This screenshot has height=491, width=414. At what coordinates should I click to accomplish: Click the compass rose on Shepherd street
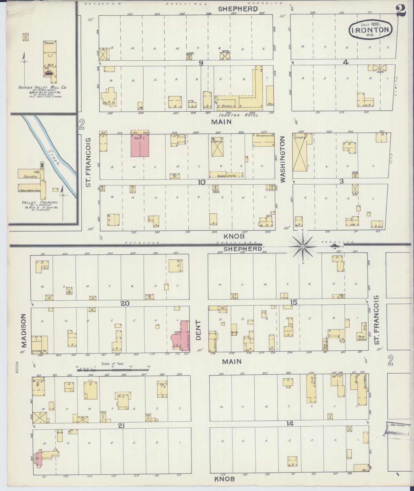(303, 247)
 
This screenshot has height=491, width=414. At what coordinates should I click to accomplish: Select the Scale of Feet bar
(113, 370)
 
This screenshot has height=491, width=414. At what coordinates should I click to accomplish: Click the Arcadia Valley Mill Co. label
(42, 88)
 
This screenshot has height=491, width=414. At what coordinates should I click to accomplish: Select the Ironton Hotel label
(239, 115)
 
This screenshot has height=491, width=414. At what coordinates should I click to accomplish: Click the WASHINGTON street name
(283, 159)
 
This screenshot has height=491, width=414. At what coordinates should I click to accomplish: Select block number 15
(294, 303)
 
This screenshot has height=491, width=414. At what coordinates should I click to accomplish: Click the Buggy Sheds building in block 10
(226, 175)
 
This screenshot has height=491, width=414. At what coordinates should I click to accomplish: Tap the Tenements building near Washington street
(263, 140)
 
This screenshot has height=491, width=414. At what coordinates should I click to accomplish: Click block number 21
(121, 426)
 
